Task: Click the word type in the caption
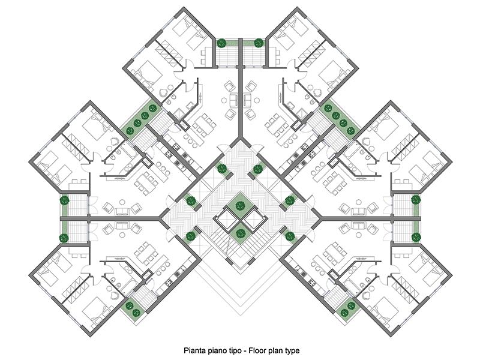coord(292,351)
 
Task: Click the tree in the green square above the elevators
coord(240,205)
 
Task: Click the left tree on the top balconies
coord(221,43)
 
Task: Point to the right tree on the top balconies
coord(259,43)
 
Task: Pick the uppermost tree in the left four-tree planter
coord(153,108)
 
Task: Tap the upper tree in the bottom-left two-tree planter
coord(130,305)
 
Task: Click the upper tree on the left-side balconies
coord(64,201)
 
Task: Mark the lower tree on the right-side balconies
coord(416,237)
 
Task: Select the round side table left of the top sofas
coord(223,100)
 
